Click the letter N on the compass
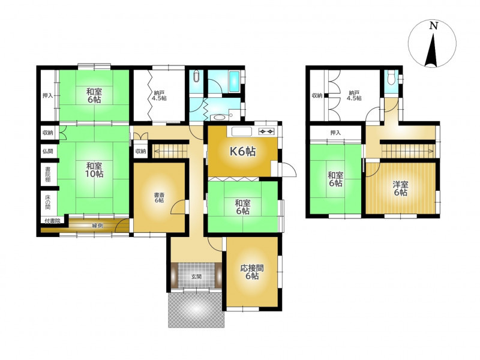(x=433, y=26)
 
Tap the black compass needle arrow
(x=432, y=51)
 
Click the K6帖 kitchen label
(x=243, y=152)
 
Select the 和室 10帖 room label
(x=94, y=170)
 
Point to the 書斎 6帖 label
(x=158, y=197)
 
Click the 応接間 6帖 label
(x=252, y=272)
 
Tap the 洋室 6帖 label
(x=400, y=188)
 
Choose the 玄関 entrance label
(x=196, y=277)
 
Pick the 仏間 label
(x=48, y=151)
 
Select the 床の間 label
(x=48, y=202)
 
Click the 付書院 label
(x=52, y=221)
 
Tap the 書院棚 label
(x=48, y=174)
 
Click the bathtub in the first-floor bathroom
(x=234, y=82)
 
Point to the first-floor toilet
(x=196, y=77)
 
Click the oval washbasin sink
(x=218, y=117)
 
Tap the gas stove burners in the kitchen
(x=266, y=131)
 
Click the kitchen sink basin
(x=242, y=131)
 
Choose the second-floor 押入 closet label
(x=335, y=133)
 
